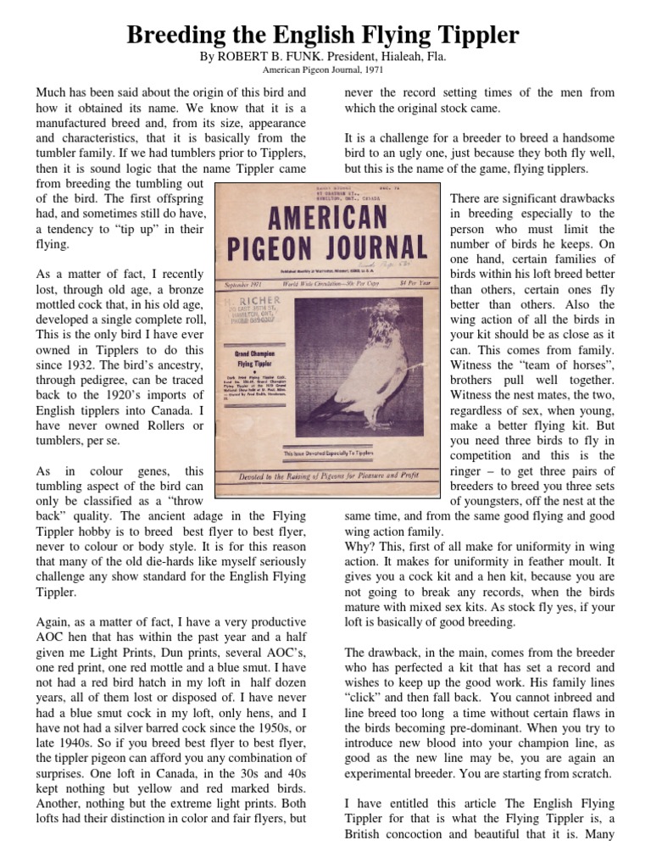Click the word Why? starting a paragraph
(360, 548)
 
